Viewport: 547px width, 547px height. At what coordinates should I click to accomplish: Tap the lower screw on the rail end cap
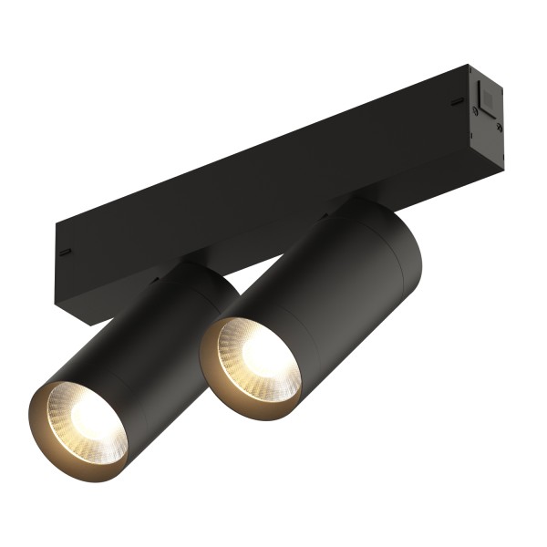(499, 129)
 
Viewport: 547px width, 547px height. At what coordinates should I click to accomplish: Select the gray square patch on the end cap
(485, 96)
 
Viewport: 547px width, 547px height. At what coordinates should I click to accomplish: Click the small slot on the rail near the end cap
(457, 101)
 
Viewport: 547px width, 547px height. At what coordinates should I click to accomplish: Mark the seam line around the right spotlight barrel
(374, 264)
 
